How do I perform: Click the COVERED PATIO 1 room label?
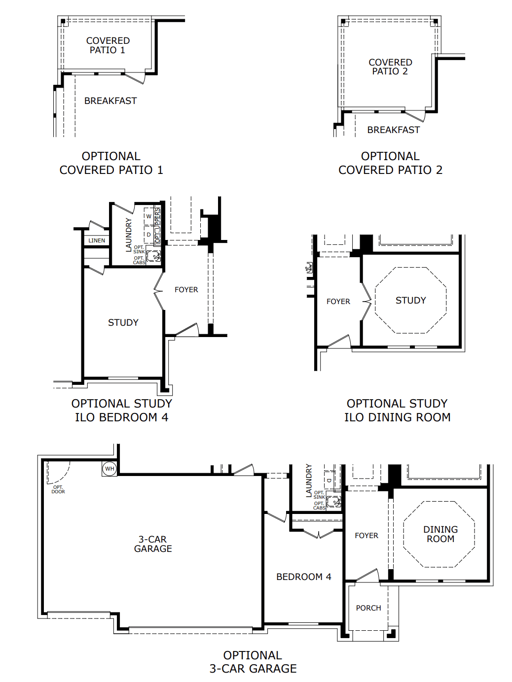[108, 45]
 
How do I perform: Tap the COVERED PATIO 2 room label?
[390, 67]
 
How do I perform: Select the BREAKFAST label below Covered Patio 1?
[110, 101]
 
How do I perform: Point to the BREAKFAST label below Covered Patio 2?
[393, 130]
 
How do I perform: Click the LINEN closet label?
[97, 240]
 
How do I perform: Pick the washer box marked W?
[148, 216]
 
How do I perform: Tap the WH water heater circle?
[110, 469]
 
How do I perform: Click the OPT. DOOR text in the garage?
[58, 489]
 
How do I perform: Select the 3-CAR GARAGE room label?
[153, 544]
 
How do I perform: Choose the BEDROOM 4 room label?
[303, 577]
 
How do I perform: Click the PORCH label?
[368, 608]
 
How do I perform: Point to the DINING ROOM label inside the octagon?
[440, 534]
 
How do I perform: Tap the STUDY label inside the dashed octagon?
[410, 301]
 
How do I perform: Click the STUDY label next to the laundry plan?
[123, 323]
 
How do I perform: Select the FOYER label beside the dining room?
[366, 536]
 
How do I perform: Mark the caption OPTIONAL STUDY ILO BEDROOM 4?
[121, 410]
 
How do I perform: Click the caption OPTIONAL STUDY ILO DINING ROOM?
[397, 410]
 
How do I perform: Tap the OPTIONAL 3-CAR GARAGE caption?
[253, 662]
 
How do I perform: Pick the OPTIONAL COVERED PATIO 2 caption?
[390, 163]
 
